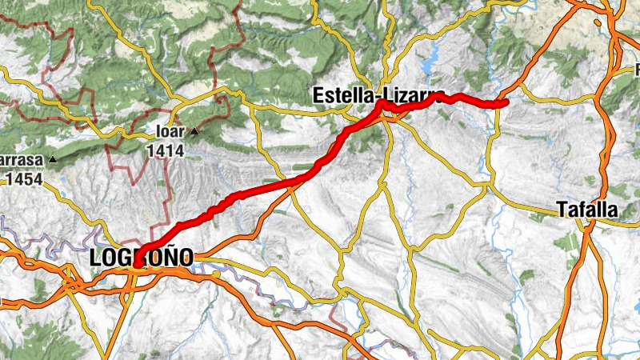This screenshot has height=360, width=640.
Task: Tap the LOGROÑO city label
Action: (142, 258)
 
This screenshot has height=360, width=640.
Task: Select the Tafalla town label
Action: (588, 210)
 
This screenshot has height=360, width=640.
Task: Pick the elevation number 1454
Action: (24, 179)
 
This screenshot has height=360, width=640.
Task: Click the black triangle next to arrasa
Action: (53, 160)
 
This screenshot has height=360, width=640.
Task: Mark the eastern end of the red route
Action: (506, 102)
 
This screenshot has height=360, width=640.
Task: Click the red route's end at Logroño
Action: (138, 262)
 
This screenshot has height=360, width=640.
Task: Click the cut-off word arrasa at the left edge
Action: (22, 160)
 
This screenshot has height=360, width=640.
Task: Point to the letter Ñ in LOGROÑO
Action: (167, 258)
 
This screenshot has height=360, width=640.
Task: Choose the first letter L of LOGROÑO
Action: (96, 258)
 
